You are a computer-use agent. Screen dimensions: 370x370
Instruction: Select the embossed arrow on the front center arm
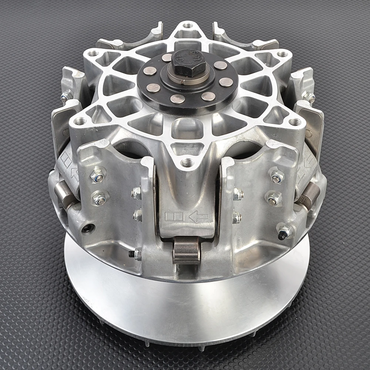pos(198,217)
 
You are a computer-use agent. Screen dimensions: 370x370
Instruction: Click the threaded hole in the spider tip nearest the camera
pos(187,162)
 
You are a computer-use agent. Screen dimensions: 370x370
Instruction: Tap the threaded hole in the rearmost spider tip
pos(188,26)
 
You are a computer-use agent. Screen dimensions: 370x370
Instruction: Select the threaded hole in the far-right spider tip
pos(295,122)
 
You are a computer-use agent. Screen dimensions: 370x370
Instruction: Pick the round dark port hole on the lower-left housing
pos(87,228)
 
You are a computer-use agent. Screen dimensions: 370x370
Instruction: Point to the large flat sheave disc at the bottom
pos(185,303)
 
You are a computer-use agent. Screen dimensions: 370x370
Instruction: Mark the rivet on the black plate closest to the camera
pos(178,99)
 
